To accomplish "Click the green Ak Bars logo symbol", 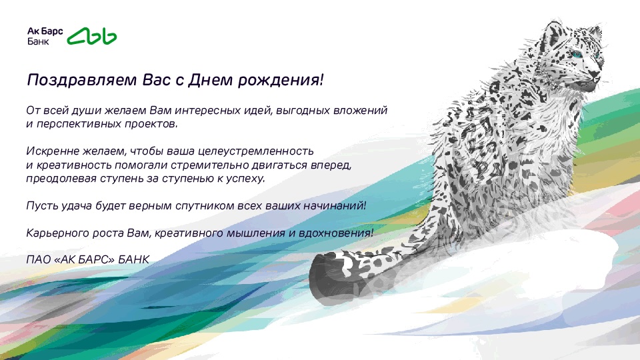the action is pyautogui.click(x=92, y=36).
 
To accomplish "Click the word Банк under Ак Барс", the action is pyautogui.click(x=38, y=41).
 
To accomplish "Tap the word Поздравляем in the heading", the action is pyautogui.click(x=81, y=80).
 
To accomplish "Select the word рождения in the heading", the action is pyautogui.click(x=281, y=80).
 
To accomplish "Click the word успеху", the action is pyautogui.click(x=245, y=179).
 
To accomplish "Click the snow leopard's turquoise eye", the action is pyautogui.click(x=577, y=54).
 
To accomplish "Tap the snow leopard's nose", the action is pyautogui.click(x=595, y=74).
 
